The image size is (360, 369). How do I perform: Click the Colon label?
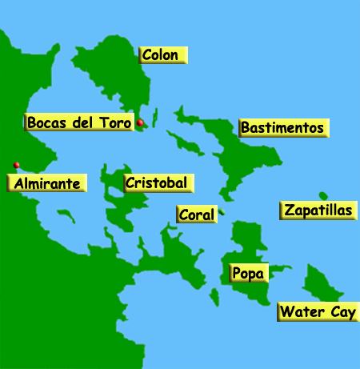tap(163, 55)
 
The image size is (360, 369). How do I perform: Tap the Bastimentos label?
tap(282, 128)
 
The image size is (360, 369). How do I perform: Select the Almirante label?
tap(47, 184)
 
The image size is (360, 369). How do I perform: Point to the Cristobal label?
tap(158, 183)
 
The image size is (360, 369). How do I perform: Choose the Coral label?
tap(196, 215)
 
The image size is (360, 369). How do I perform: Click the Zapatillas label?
tap(318, 211)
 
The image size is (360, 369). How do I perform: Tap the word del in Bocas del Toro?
tap(86, 122)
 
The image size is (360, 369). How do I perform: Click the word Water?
tap(302, 312)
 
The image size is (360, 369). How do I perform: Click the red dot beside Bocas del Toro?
tap(140, 122)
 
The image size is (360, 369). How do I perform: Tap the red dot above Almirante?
tap(17, 166)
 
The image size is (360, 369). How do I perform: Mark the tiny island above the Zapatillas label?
tap(323, 196)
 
